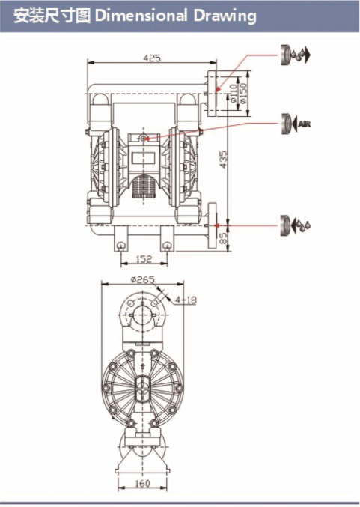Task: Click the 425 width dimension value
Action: (x=152, y=58)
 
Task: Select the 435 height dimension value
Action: (x=223, y=160)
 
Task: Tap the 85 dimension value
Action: (x=223, y=238)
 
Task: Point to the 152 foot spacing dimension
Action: (x=144, y=259)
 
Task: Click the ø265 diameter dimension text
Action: (x=142, y=279)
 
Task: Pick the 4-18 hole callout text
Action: (x=186, y=300)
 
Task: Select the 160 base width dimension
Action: (x=142, y=483)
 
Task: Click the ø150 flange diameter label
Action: (x=244, y=93)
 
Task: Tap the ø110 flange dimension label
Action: (x=234, y=93)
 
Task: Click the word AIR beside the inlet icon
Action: (x=305, y=124)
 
